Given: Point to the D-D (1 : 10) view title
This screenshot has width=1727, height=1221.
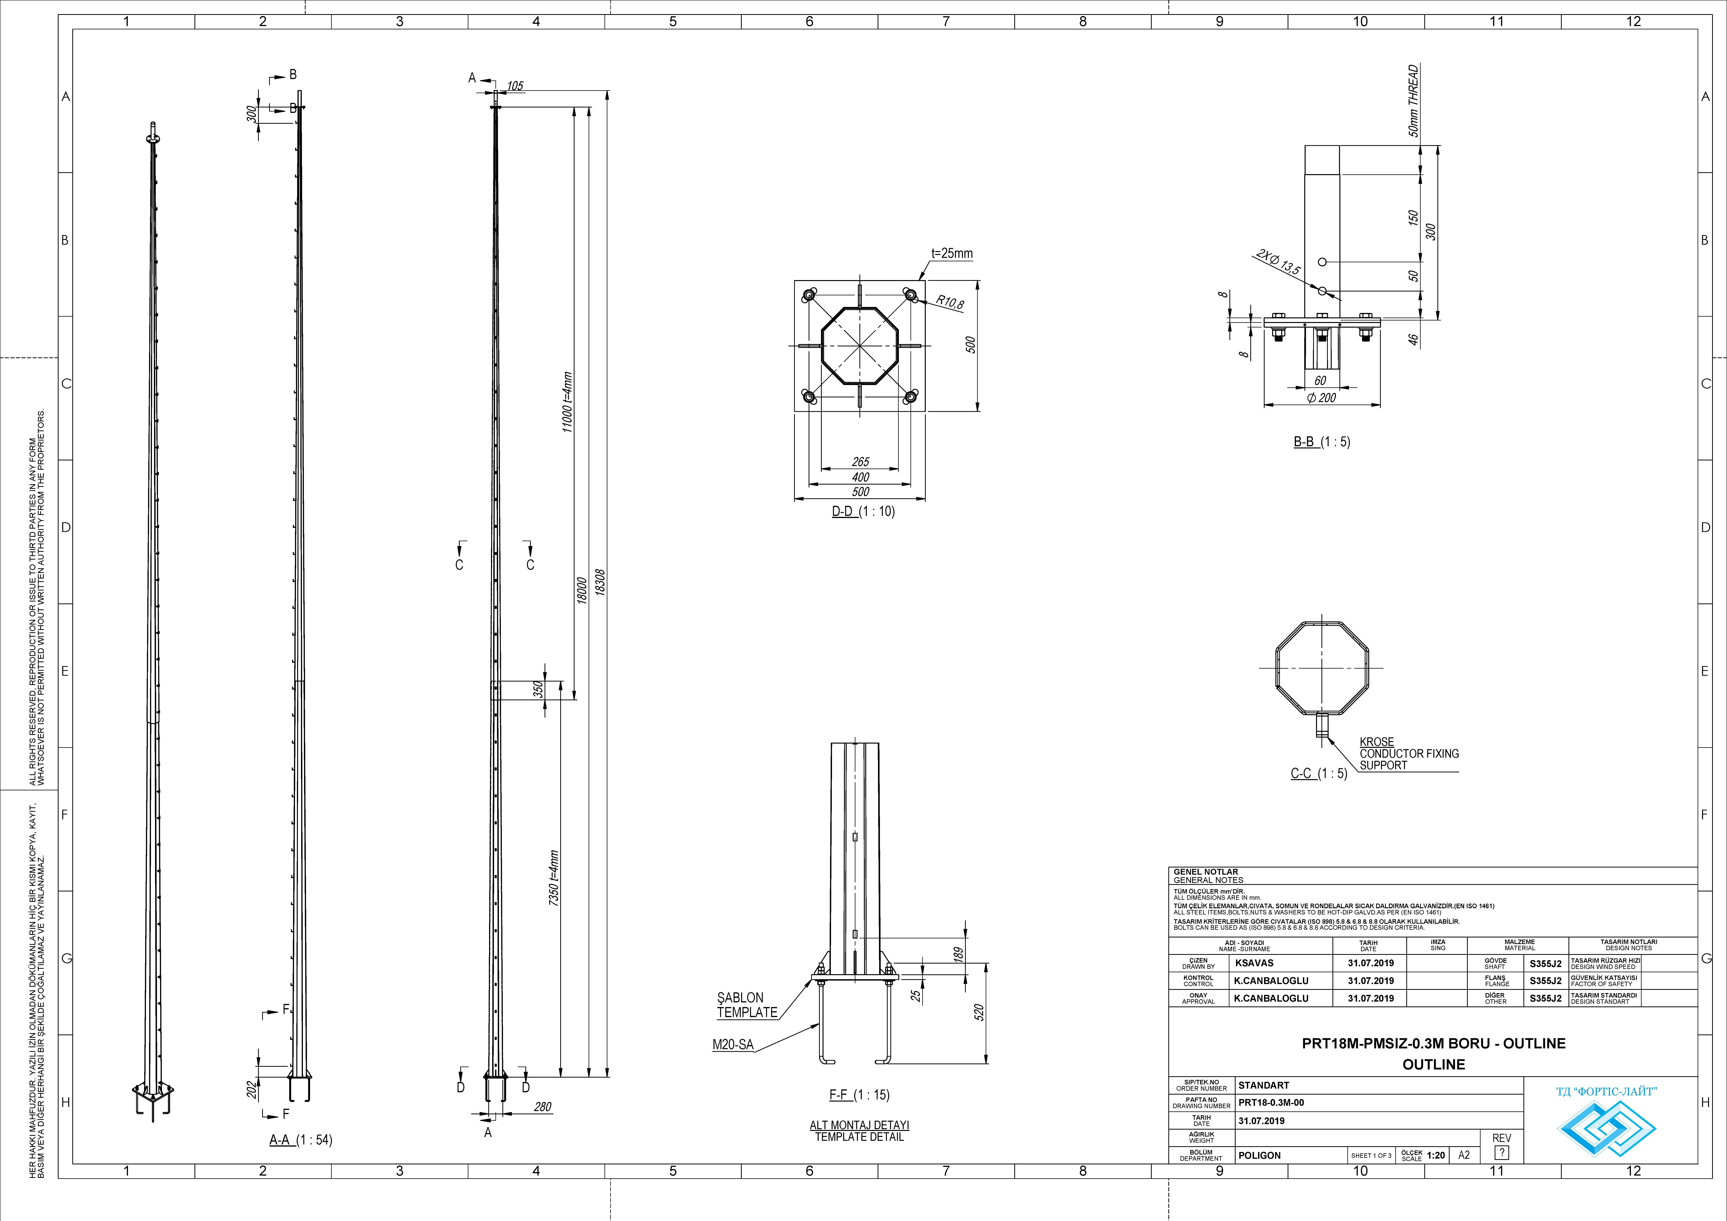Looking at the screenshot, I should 863,512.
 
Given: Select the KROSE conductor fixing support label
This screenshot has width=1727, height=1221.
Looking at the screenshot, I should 1408,753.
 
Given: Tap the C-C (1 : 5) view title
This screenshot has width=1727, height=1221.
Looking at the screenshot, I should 1319,773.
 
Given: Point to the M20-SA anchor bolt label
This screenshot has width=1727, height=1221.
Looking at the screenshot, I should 733,1045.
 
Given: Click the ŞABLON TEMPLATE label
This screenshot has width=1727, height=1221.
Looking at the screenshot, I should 746,1005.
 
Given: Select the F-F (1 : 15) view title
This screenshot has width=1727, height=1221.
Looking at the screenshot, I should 859,1095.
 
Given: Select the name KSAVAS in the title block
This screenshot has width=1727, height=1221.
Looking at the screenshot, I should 1254,963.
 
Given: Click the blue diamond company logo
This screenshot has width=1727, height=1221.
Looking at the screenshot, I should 1606,1128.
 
